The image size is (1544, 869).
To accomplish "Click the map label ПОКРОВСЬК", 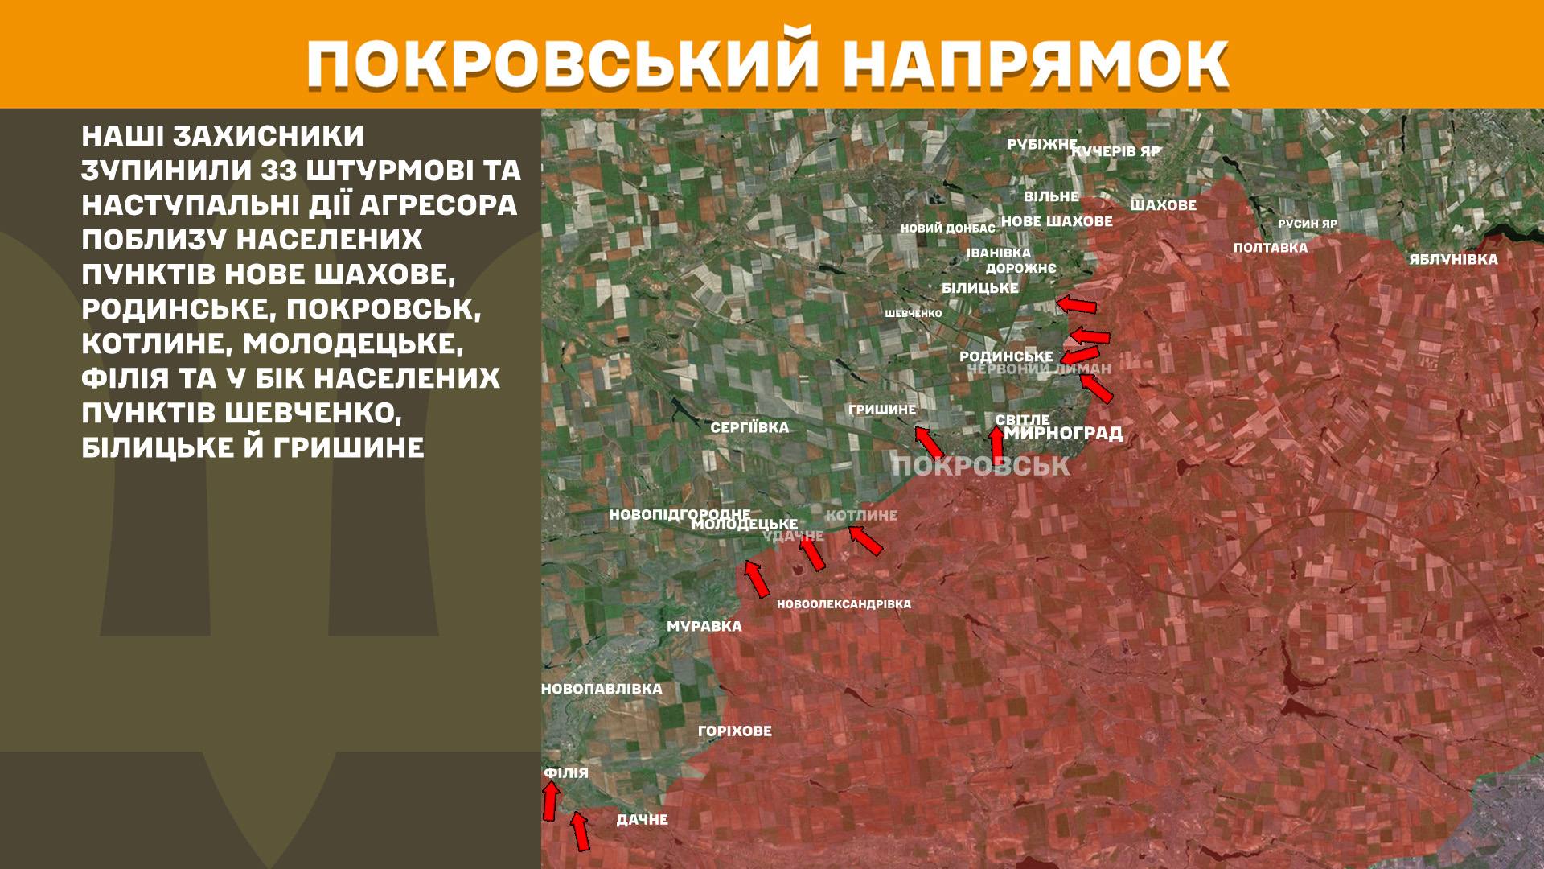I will (981, 466).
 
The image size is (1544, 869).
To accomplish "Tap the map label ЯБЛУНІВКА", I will (1453, 260).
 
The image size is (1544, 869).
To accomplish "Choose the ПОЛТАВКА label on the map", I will (1270, 248).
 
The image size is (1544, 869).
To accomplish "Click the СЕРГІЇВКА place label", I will (749, 428).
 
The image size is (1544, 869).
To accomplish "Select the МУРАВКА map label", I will (704, 627).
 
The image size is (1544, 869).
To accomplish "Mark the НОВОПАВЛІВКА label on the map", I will (602, 690).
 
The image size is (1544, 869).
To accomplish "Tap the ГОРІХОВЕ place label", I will (734, 731).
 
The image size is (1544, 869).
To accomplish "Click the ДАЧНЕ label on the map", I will (642, 820).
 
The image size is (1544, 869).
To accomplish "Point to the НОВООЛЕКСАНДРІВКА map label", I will (844, 604).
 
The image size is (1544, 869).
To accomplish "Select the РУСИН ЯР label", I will (1308, 224).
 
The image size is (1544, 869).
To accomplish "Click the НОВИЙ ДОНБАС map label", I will (947, 229).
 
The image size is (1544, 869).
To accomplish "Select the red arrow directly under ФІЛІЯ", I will (551, 801).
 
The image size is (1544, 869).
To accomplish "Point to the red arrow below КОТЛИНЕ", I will (866, 540).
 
